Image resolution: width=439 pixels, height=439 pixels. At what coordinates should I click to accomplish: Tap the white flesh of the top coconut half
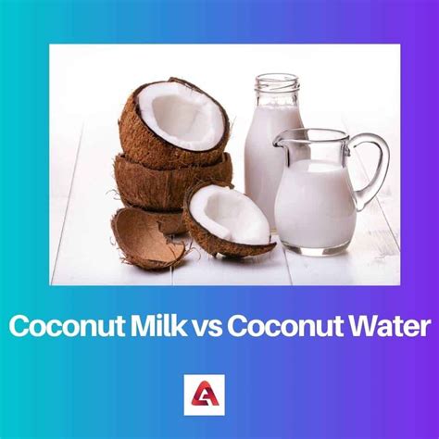(x=185, y=116)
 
